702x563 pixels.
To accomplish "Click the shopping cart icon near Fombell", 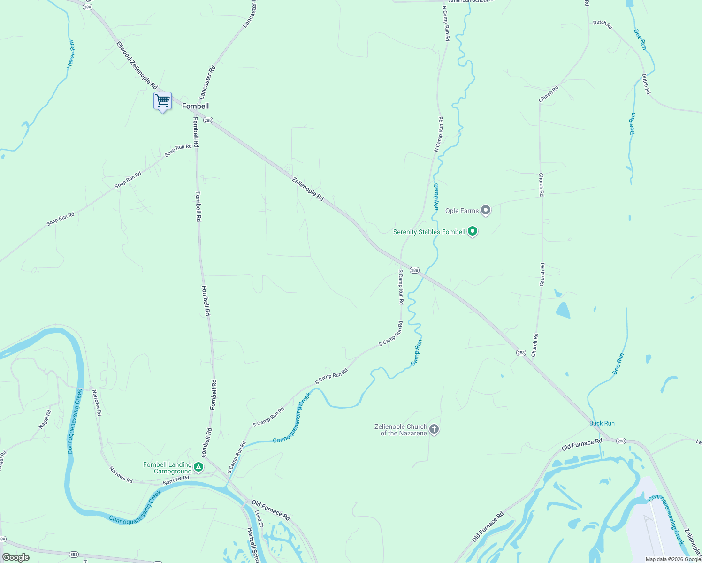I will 162,100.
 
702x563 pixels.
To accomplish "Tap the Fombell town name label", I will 195,106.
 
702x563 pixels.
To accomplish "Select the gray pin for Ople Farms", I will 486,210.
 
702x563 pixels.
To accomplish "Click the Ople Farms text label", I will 462,211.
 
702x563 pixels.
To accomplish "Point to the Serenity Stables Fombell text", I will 429,232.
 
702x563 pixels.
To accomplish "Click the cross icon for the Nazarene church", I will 434,429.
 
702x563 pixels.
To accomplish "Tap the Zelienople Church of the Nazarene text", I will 401,430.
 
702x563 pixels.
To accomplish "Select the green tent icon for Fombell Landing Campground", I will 198,467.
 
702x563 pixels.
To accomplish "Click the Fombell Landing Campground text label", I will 168,468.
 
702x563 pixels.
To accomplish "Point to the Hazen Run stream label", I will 71,54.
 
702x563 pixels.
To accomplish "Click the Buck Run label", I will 602,423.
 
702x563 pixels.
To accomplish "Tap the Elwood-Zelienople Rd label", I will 137,65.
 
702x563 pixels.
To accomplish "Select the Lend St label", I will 259,519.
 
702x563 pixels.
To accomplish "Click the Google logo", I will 16,557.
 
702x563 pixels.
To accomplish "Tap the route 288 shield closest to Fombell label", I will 208,120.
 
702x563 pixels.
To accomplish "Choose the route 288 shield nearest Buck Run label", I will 621,441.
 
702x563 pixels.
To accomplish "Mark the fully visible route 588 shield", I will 74,555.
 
